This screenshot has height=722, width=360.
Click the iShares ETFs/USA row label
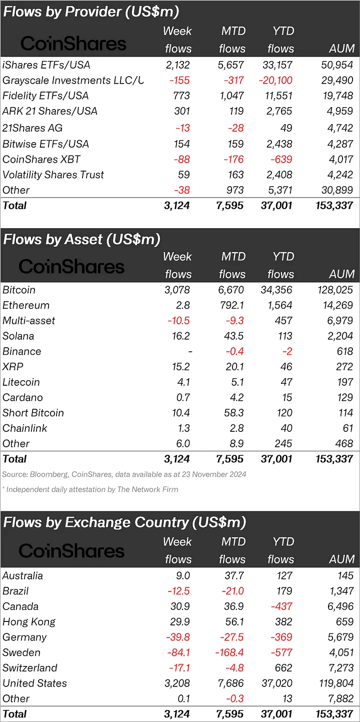click(46, 65)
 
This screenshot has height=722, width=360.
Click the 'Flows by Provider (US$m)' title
click(91, 12)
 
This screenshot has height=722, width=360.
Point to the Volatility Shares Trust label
click(53, 175)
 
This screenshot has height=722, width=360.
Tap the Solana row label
click(18, 336)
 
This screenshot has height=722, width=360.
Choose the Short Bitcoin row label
click(33, 413)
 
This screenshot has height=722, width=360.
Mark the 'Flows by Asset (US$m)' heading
click(81, 239)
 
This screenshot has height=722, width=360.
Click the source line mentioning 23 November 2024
click(124, 474)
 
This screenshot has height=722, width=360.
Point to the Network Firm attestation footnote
click(90, 489)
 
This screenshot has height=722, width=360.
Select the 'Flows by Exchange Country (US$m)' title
click(124, 522)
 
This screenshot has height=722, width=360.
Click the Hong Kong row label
click(29, 622)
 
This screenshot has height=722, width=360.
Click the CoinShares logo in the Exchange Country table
click(71, 551)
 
